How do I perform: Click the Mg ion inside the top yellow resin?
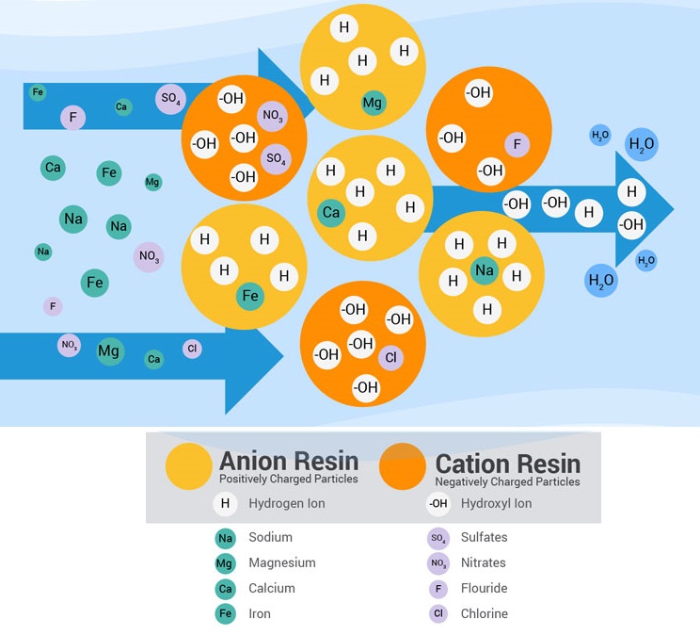(x=373, y=103)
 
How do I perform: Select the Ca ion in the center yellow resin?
(x=331, y=213)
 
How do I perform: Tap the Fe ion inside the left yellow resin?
(x=250, y=296)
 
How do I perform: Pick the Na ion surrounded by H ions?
(x=484, y=271)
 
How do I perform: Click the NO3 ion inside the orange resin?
(x=273, y=117)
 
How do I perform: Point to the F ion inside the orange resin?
(x=515, y=145)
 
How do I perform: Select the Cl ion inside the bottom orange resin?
(x=390, y=357)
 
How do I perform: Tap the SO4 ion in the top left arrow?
(x=170, y=98)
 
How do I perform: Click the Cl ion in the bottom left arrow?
(x=193, y=349)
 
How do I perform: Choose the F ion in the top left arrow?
(x=72, y=118)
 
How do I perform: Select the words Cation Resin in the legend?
(x=507, y=464)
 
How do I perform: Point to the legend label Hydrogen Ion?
(x=286, y=503)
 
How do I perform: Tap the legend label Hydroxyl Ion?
(x=496, y=503)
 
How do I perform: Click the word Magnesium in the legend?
(x=281, y=562)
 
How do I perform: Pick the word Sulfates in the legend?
(x=484, y=537)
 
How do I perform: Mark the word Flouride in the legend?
(x=484, y=588)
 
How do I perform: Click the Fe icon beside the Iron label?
(x=225, y=614)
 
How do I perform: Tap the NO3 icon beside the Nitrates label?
(x=437, y=563)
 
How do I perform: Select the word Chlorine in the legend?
(x=484, y=613)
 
